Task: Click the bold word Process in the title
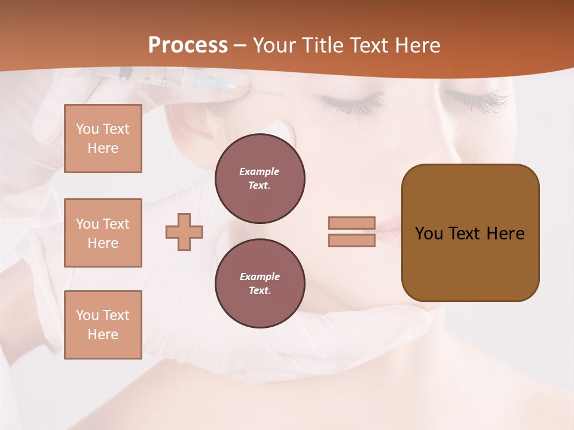coord(188,45)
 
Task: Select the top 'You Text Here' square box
coord(103,139)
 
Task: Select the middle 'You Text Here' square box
coord(103,233)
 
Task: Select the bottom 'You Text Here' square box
coord(103,325)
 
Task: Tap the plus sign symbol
coord(184,232)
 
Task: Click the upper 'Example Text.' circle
coord(259,178)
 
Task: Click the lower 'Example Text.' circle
coord(259,283)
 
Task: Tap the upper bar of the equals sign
coord(352,223)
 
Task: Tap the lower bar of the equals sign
coord(352,241)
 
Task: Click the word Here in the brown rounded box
coord(505,234)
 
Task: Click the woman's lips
coord(386,230)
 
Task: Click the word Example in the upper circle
coord(259,171)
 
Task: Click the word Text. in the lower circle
coord(259,290)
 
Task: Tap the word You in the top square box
coord(87,129)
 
